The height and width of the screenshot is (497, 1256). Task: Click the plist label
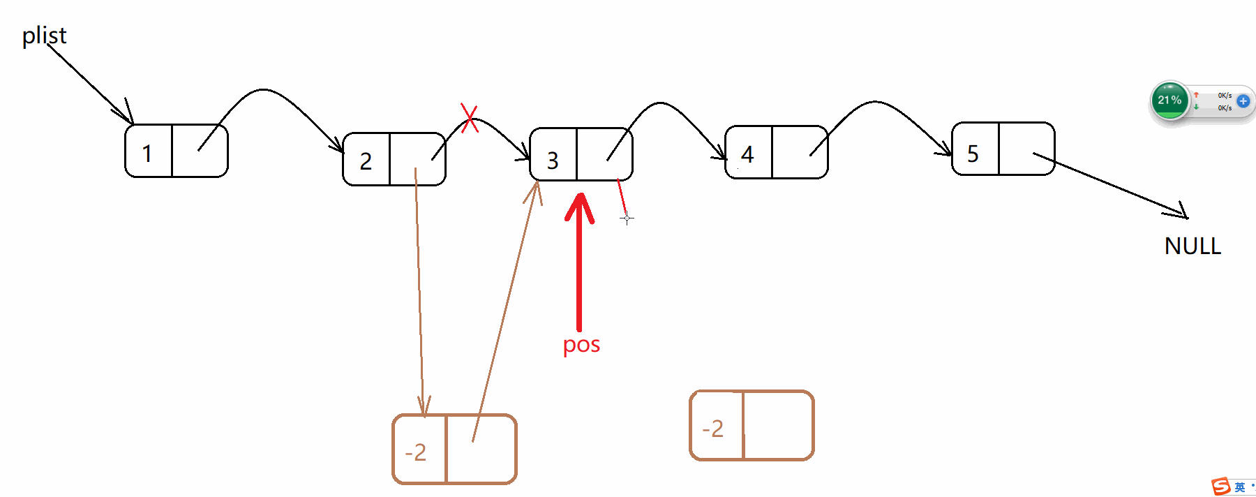pyautogui.click(x=44, y=36)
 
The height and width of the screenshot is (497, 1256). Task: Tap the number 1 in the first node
pyautogui.click(x=147, y=154)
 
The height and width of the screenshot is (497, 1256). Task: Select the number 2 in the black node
pyautogui.click(x=366, y=161)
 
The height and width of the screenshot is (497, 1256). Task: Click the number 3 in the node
pyautogui.click(x=553, y=161)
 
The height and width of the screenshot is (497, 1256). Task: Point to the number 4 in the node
pyautogui.click(x=747, y=154)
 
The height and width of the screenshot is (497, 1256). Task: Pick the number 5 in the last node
pyautogui.click(x=973, y=154)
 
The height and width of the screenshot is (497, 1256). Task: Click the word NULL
pyautogui.click(x=1193, y=246)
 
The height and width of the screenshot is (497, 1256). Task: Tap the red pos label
pyautogui.click(x=581, y=344)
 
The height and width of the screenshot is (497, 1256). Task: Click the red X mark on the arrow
pyautogui.click(x=470, y=117)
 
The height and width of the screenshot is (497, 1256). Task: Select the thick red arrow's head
pyautogui.click(x=579, y=207)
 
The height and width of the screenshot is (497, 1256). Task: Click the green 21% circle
pyautogui.click(x=1169, y=101)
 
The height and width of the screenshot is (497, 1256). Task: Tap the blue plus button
pyautogui.click(x=1243, y=101)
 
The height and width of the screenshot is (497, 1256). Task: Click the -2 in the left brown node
pyautogui.click(x=416, y=452)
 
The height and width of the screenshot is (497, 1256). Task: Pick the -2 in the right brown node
pyautogui.click(x=713, y=429)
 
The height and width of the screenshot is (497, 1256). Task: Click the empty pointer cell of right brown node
pyautogui.click(x=778, y=426)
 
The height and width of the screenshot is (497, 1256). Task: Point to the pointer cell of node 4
pyautogui.click(x=800, y=152)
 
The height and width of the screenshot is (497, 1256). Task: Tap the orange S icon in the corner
pyautogui.click(x=1220, y=487)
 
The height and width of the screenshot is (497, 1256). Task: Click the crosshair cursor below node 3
pyautogui.click(x=627, y=218)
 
